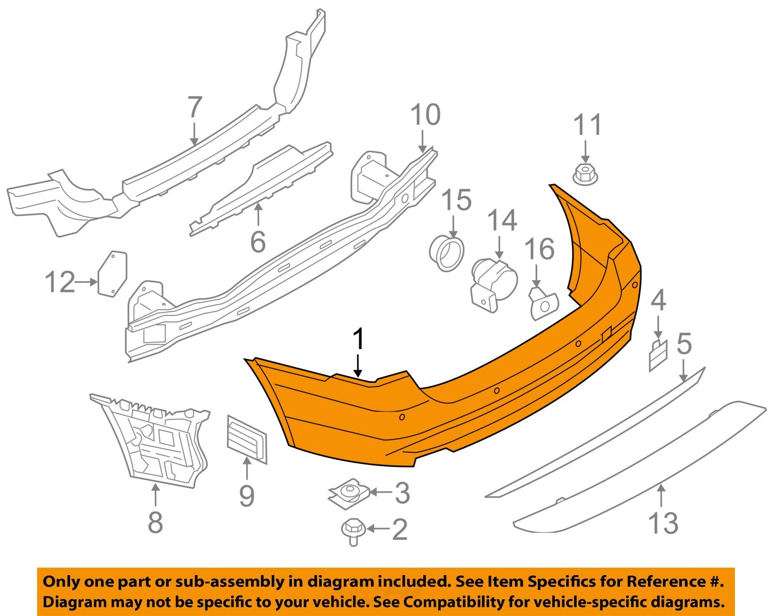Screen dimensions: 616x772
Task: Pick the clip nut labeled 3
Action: pos(347,492)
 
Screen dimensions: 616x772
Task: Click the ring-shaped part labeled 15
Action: pos(447,253)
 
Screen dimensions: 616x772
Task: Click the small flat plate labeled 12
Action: pos(112,273)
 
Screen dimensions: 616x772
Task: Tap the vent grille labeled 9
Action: pos(247,438)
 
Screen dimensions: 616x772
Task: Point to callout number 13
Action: pos(663,523)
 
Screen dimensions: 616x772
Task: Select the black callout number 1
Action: pos(358,341)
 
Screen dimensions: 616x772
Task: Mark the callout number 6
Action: pos(258,241)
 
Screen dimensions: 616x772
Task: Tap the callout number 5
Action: pos(684,344)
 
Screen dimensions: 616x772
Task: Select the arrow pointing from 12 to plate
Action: pos(86,281)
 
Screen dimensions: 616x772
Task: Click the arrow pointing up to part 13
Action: pos(661,495)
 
